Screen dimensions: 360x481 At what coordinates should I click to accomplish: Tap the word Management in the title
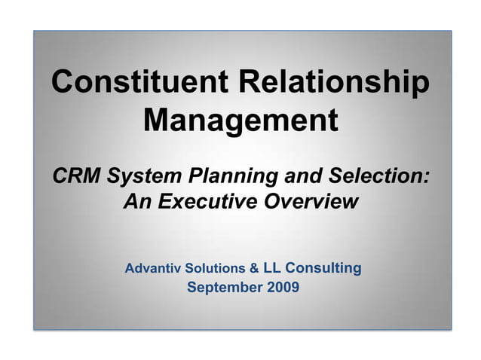click(x=240, y=121)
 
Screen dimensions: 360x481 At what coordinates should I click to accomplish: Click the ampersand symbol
click(x=253, y=268)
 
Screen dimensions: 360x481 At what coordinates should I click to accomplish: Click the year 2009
click(x=281, y=287)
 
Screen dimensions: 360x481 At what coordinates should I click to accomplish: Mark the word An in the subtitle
click(x=134, y=202)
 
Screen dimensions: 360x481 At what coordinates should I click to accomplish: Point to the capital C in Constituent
click(x=63, y=81)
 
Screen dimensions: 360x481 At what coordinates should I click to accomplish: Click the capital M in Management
click(x=158, y=121)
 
